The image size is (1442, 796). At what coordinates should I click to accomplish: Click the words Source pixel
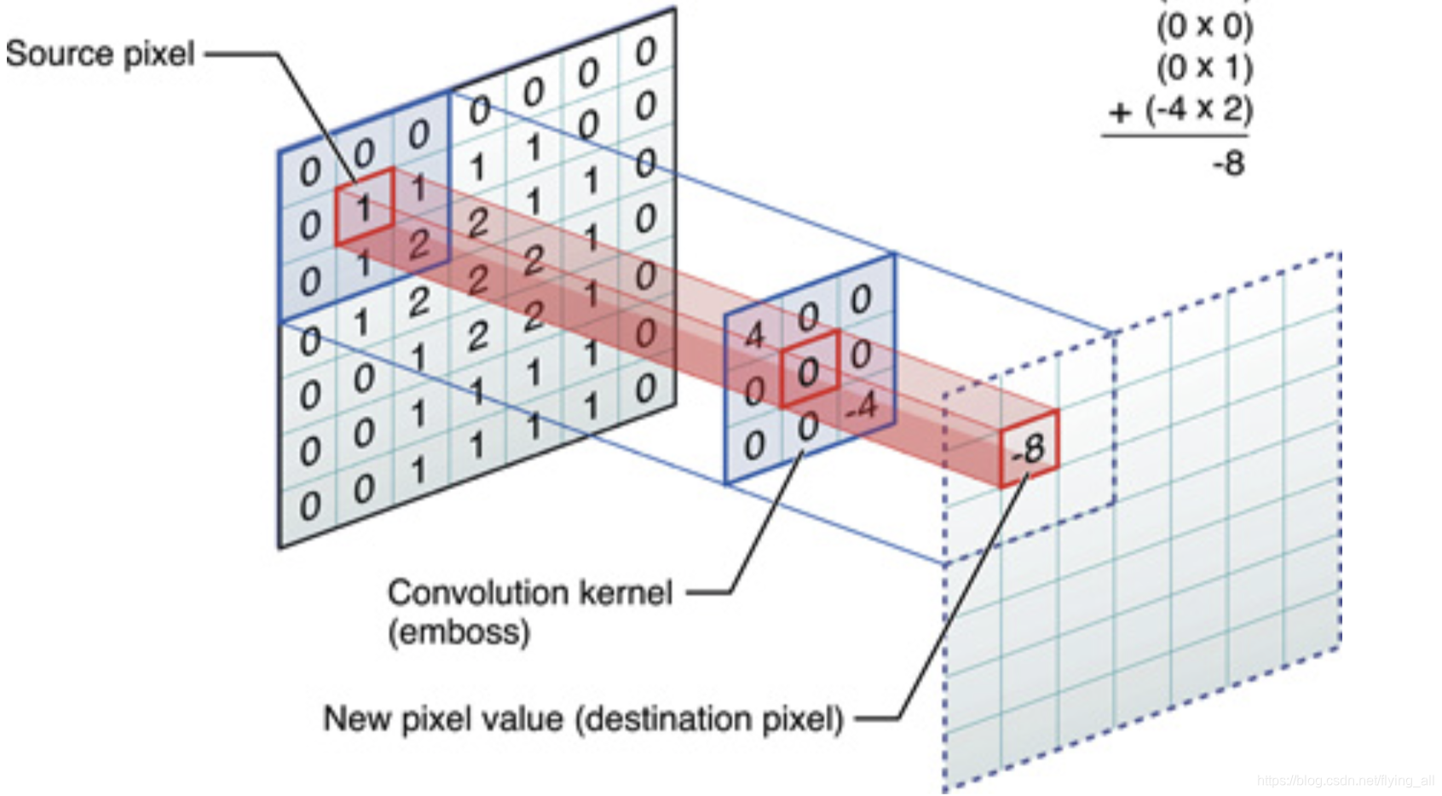(100, 54)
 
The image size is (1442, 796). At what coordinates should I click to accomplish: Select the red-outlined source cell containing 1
(364, 207)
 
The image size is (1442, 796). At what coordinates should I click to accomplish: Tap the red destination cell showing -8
(1029, 448)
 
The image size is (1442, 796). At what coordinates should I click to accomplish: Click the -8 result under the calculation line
(1228, 162)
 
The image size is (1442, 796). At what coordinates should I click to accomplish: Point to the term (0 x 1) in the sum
(1204, 66)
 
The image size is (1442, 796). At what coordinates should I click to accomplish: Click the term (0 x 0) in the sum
(1204, 26)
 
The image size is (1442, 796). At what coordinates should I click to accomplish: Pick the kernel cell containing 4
(753, 336)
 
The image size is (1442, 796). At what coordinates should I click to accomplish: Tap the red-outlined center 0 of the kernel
(809, 371)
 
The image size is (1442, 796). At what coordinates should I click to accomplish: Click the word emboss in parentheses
(459, 632)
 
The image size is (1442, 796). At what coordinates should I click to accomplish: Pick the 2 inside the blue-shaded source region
(418, 245)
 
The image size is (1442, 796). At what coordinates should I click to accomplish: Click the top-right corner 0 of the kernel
(861, 299)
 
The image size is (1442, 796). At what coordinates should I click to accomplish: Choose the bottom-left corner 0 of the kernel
(753, 446)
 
